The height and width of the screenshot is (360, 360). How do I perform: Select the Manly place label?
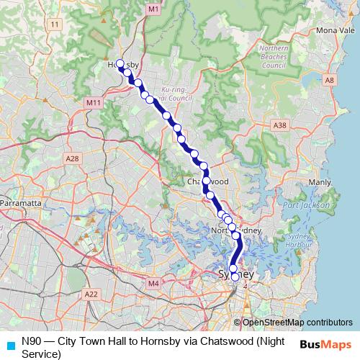click(x=318, y=183)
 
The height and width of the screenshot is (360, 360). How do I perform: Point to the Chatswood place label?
click(x=208, y=182)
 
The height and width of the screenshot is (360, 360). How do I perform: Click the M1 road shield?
click(x=153, y=8)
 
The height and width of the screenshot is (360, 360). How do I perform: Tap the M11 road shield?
click(x=94, y=104)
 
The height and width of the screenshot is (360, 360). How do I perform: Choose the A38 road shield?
click(x=280, y=125)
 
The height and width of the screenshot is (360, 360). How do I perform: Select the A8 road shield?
click(x=330, y=81)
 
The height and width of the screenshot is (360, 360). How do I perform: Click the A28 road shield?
click(x=72, y=158)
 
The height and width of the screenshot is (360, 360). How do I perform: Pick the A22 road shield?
click(x=91, y=294)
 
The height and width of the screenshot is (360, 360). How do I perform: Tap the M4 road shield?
click(x=153, y=284)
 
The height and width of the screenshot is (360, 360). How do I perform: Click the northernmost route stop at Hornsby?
click(x=120, y=63)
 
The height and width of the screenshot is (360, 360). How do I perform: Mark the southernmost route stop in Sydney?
click(x=235, y=276)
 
